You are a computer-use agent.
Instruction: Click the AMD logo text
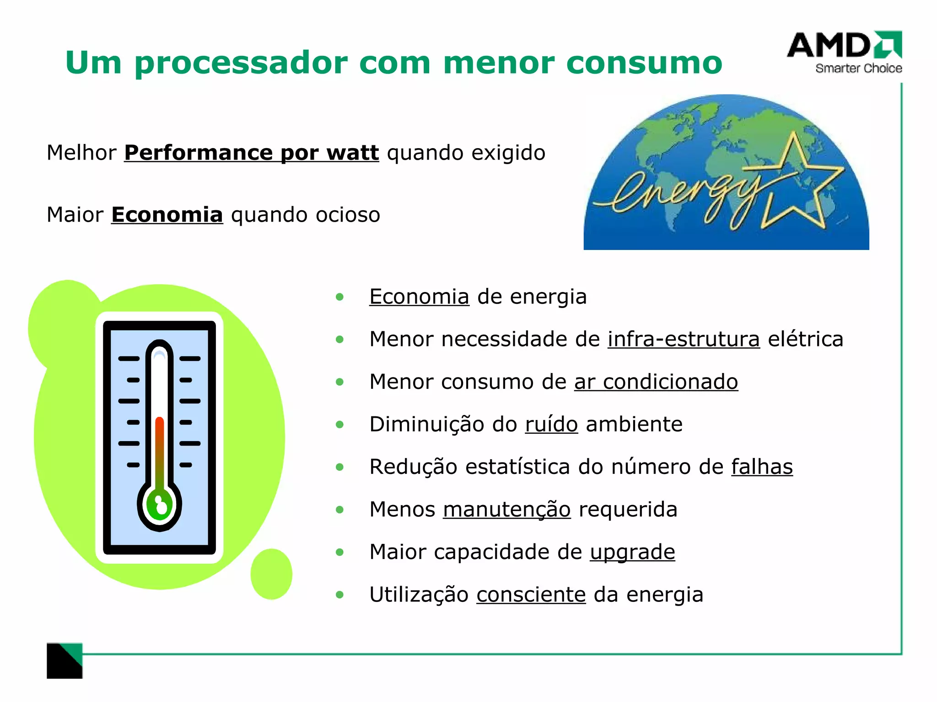click(828, 45)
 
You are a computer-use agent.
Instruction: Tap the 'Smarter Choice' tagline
click(858, 69)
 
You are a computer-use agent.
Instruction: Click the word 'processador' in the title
click(241, 63)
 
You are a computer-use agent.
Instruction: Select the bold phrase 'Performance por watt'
click(251, 153)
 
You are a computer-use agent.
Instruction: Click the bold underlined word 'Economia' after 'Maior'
click(167, 215)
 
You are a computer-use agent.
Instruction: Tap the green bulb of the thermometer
click(159, 505)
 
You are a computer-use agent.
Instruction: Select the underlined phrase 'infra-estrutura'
click(684, 339)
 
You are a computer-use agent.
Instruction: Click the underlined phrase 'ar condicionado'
click(656, 382)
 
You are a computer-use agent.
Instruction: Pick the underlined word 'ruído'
click(551, 424)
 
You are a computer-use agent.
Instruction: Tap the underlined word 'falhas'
click(762, 467)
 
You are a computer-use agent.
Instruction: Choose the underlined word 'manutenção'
click(506, 509)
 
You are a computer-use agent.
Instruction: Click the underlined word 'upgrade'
click(632, 552)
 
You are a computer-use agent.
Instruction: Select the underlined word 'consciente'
click(531, 595)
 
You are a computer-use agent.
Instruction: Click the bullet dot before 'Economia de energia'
click(339, 297)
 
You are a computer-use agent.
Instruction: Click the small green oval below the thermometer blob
click(271, 574)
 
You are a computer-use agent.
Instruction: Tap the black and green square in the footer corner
click(65, 661)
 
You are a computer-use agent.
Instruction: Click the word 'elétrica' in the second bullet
click(805, 339)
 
